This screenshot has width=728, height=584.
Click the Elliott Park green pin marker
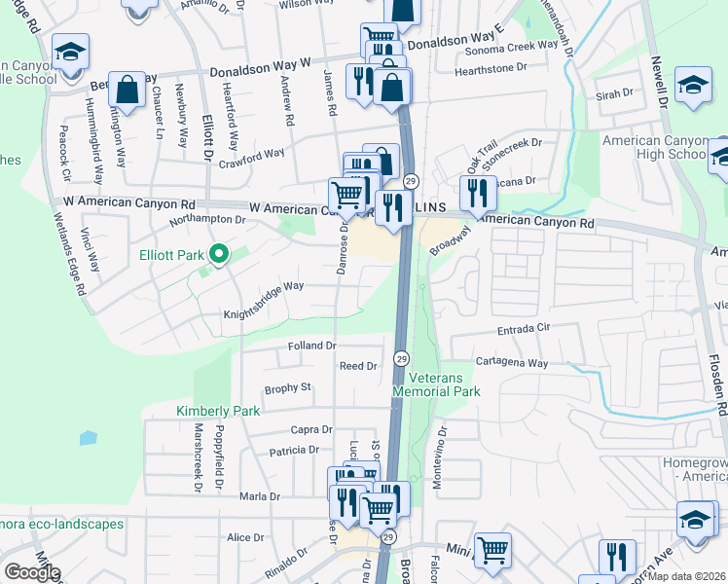click(219, 256)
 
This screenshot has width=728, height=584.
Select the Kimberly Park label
click(218, 411)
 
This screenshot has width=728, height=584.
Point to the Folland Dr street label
click(311, 346)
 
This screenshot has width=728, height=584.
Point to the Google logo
click(31, 572)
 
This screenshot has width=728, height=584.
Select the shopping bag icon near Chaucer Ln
click(127, 91)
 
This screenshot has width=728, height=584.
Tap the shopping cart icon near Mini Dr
click(492, 551)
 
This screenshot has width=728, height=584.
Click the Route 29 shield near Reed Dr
click(400, 359)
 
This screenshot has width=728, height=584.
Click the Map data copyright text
click(687, 575)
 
